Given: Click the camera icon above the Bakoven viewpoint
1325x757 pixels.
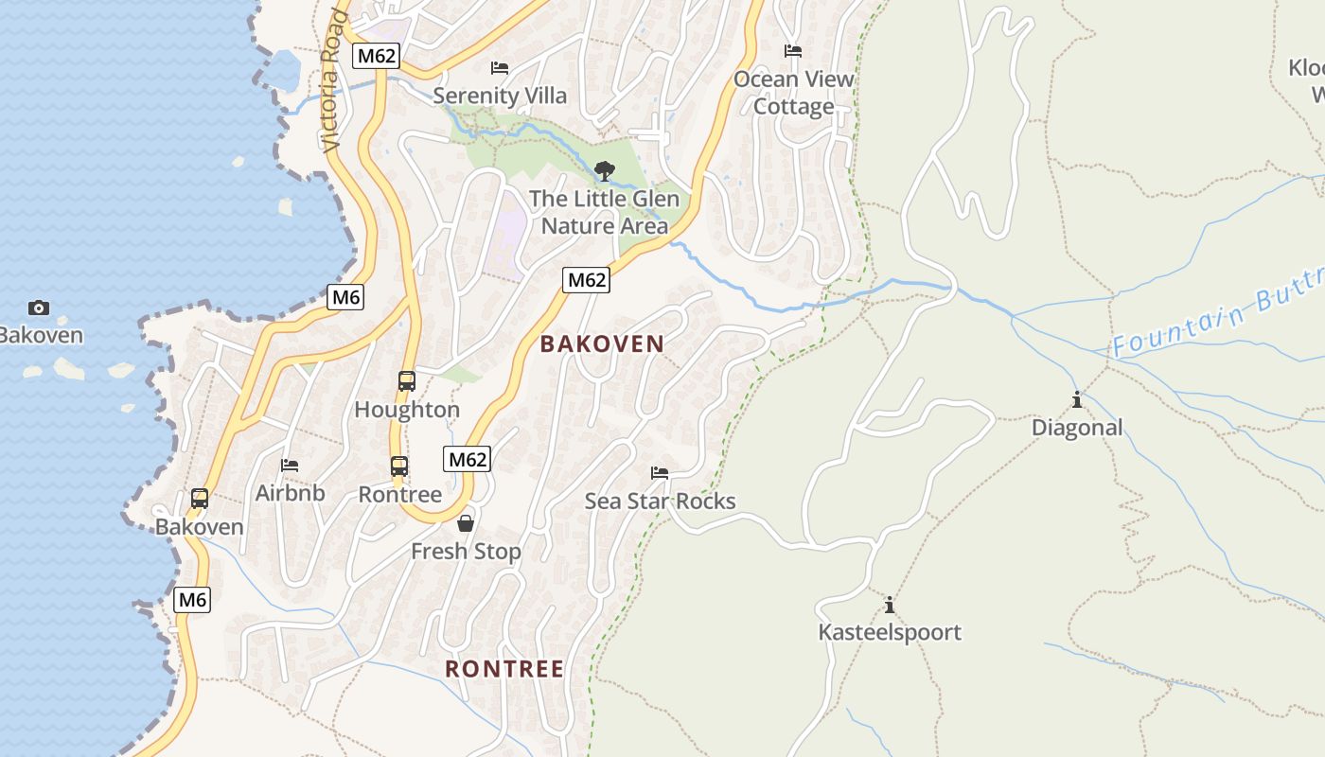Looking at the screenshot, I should [x=39, y=308].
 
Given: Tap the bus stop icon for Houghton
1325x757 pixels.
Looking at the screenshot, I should [x=407, y=381].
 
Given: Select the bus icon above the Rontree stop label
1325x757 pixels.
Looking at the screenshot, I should [x=399, y=467].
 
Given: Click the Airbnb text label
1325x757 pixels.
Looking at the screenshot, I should [x=290, y=493].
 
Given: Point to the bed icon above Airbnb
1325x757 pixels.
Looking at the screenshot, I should [x=290, y=465].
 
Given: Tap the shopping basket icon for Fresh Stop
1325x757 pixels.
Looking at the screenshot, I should [x=466, y=523].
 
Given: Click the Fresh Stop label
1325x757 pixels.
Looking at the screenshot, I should [x=466, y=551].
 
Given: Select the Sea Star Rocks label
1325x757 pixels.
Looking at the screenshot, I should [x=660, y=501].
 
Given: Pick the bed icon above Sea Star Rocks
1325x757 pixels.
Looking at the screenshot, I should [x=660, y=472].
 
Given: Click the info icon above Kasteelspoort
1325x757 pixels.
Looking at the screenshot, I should [x=889, y=606].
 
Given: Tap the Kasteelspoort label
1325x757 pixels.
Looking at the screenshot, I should [x=890, y=632].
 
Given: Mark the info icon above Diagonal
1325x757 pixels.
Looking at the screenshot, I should [x=1077, y=400].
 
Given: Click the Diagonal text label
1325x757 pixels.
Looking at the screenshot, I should [x=1077, y=428].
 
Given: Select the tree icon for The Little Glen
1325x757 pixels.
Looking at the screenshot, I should [x=604, y=171].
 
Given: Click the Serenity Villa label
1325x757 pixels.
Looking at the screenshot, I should [x=500, y=96].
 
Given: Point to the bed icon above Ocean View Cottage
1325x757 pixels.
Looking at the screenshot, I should [x=793, y=51].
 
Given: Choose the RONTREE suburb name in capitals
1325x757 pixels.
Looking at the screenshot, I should [x=504, y=669].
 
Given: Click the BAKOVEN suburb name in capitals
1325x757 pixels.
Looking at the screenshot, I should [x=602, y=343].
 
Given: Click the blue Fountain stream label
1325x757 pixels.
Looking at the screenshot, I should [x=1216, y=322].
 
